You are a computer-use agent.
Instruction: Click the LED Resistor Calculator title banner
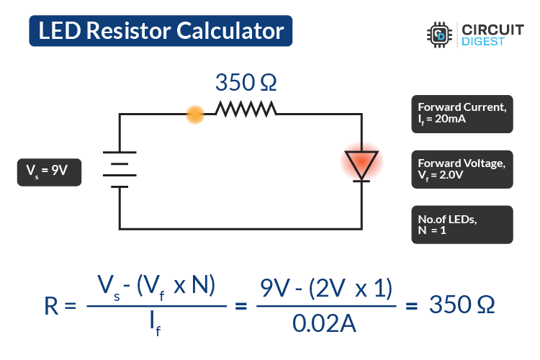click(161, 31)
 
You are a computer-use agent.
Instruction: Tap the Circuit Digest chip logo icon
click(438, 34)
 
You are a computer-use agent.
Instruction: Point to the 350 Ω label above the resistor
click(246, 83)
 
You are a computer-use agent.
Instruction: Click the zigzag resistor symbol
click(246, 109)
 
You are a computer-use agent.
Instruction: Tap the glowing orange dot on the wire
click(194, 114)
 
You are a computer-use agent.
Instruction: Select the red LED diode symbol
click(361, 163)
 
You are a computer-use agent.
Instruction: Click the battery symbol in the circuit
click(120, 168)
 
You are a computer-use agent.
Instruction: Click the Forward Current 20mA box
click(462, 114)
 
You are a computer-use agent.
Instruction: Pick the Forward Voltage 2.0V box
click(462, 169)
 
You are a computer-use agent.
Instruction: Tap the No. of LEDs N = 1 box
click(462, 225)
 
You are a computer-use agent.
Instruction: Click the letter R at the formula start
click(52, 306)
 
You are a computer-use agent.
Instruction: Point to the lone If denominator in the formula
click(156, 326)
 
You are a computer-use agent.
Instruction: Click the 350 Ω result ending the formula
click(462, 305)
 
